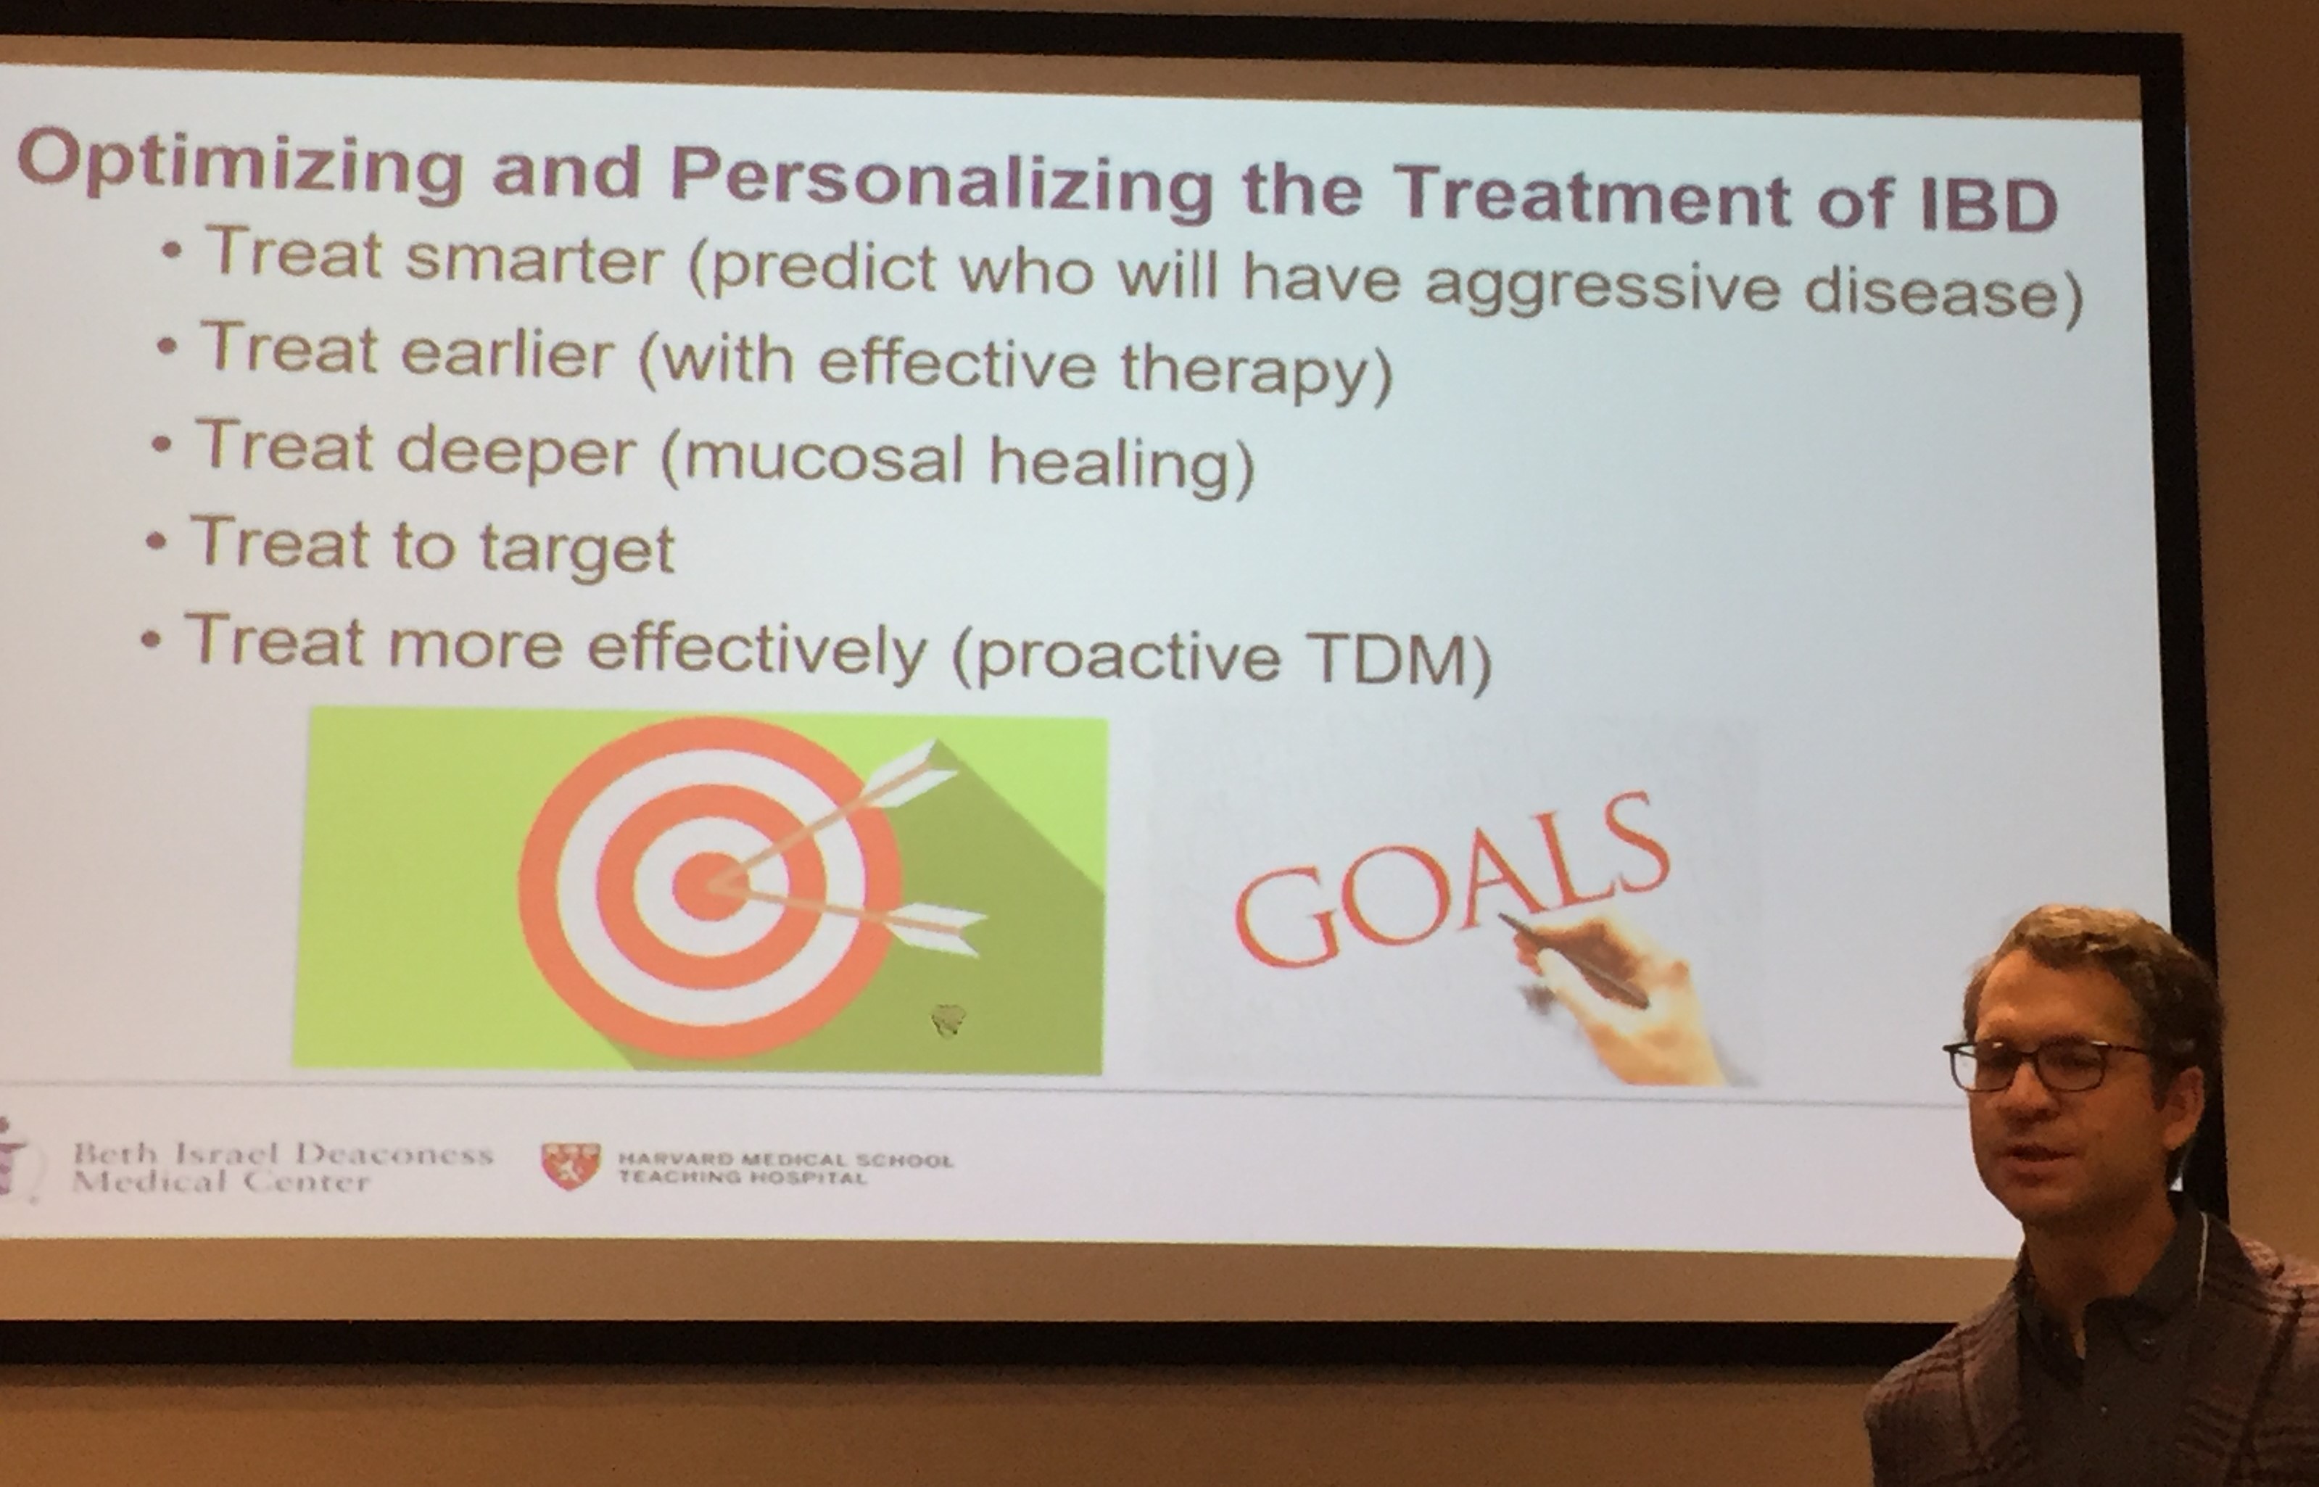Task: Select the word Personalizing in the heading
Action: (941, 183)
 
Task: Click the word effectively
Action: (757, 648)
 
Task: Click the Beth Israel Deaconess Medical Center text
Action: (283, 1167)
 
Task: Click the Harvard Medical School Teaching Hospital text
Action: (785, 1167)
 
